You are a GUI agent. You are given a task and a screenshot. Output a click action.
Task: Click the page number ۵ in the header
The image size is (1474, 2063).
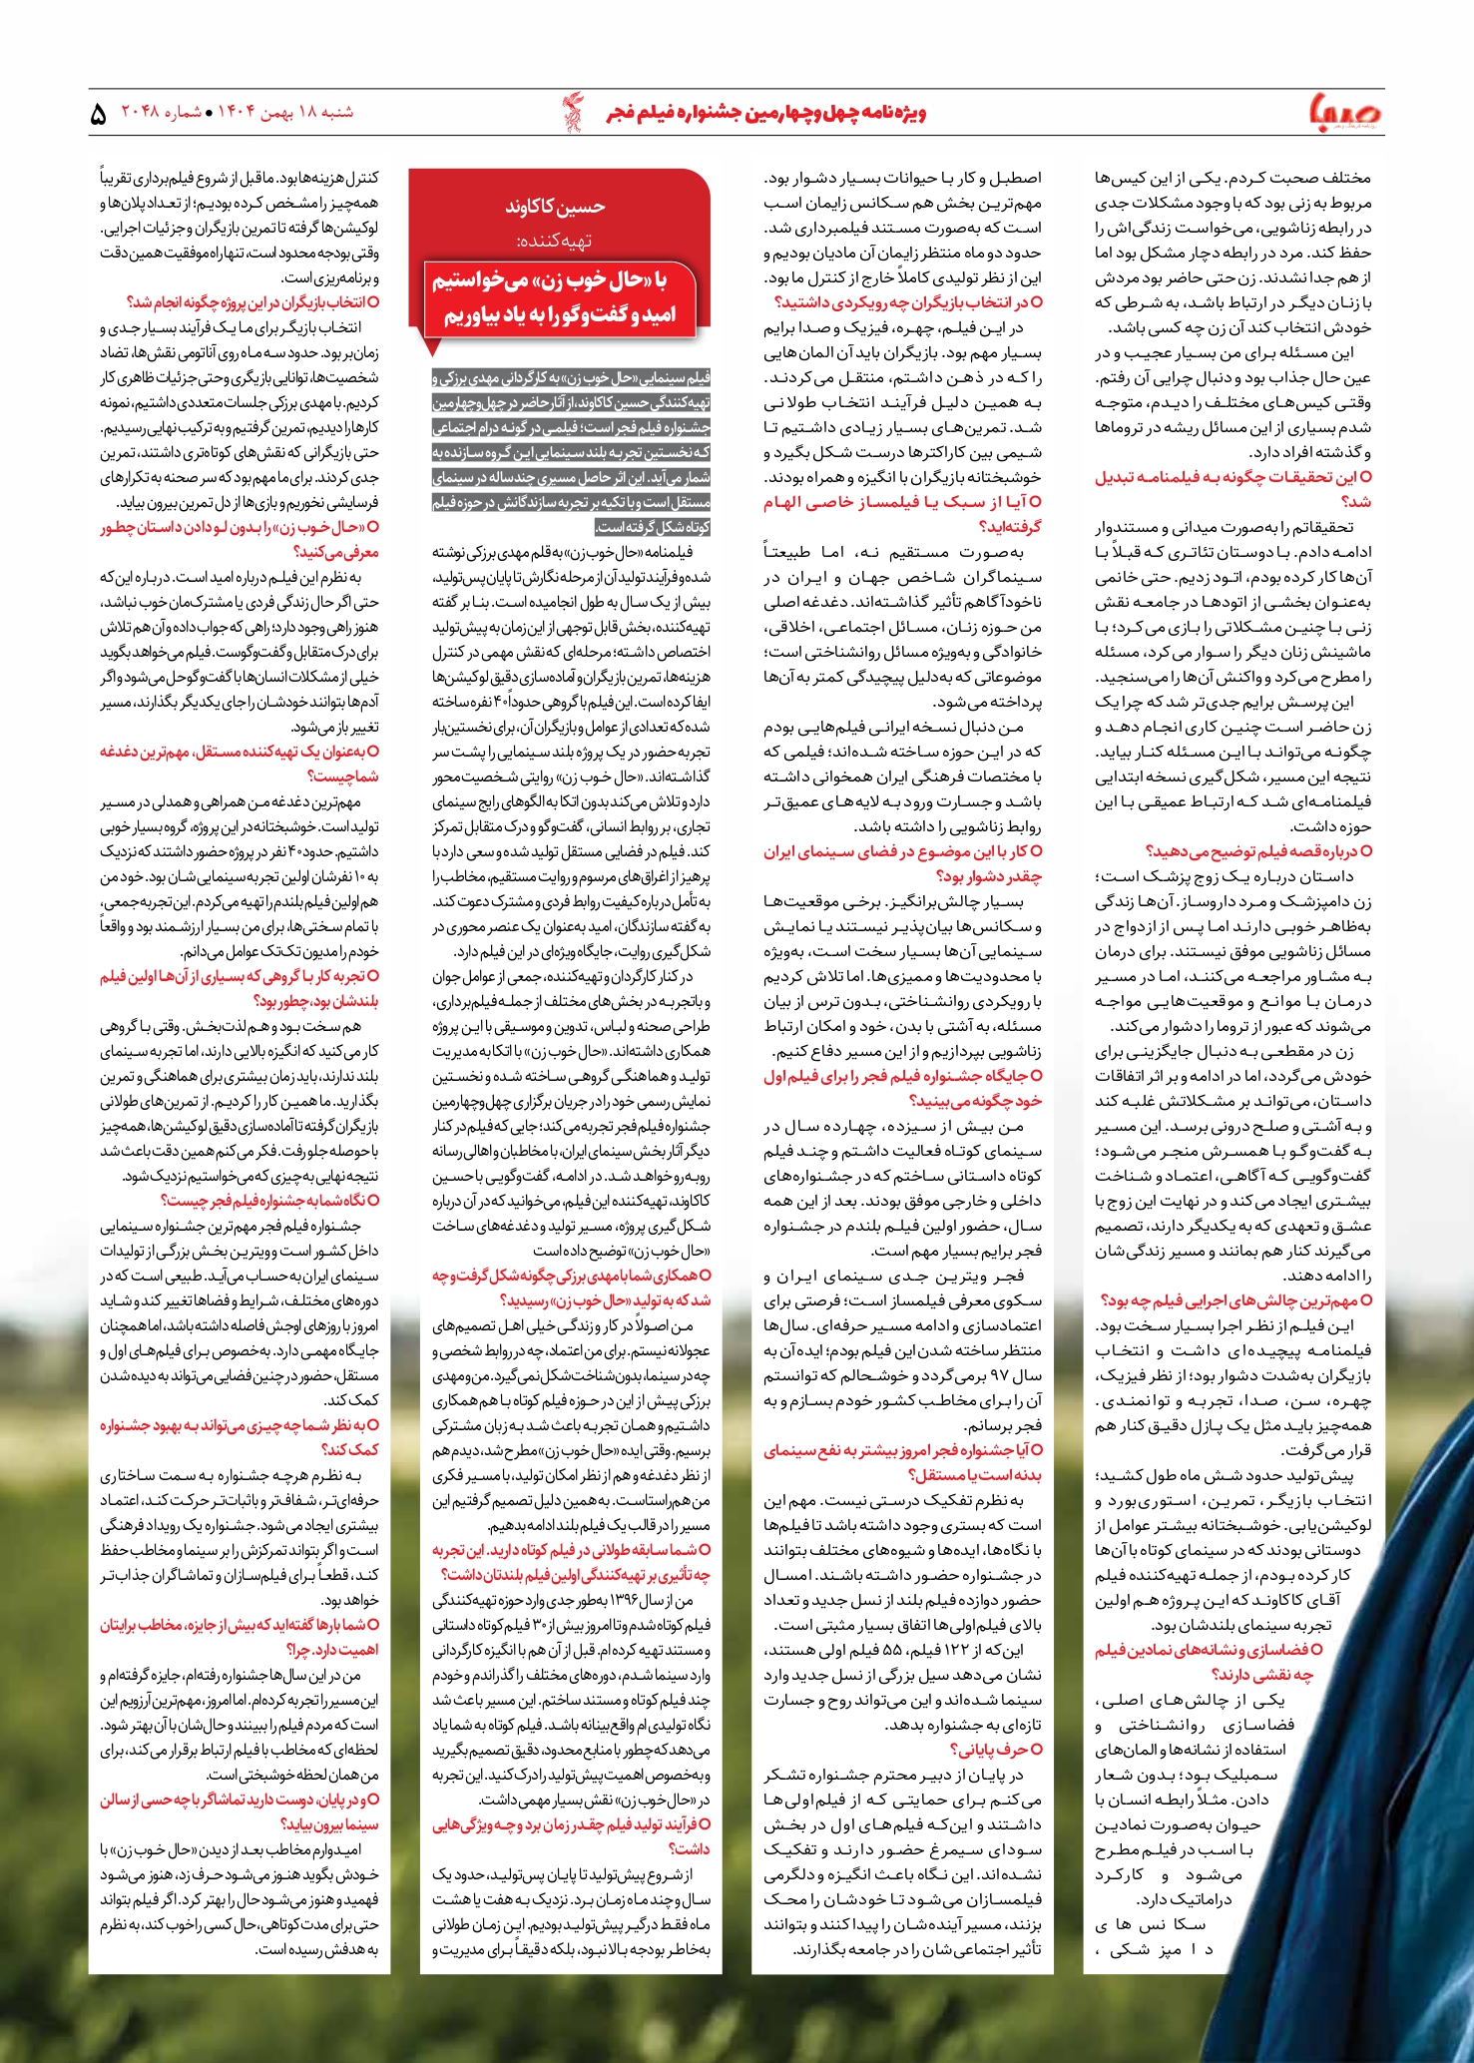tap(99, 114)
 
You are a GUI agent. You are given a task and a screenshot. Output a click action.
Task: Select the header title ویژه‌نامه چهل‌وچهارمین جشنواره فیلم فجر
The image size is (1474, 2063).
tap(766, 113)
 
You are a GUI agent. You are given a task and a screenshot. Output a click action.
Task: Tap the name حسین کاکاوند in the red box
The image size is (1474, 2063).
tap(555, 208)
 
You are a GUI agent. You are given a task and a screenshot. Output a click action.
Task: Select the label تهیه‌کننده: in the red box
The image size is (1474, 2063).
tap(555, 242)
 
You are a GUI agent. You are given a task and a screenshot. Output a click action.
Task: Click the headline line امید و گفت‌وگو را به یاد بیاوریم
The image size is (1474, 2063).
tap(560, 314)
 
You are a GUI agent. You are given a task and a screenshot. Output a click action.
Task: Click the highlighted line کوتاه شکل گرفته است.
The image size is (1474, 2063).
tap(653, 527)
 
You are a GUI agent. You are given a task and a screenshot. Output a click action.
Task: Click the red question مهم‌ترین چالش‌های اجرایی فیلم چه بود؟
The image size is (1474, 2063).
tap(1235, 1299)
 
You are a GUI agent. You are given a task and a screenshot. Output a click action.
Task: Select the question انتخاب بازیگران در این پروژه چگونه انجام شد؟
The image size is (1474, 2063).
tap(252, 302)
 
